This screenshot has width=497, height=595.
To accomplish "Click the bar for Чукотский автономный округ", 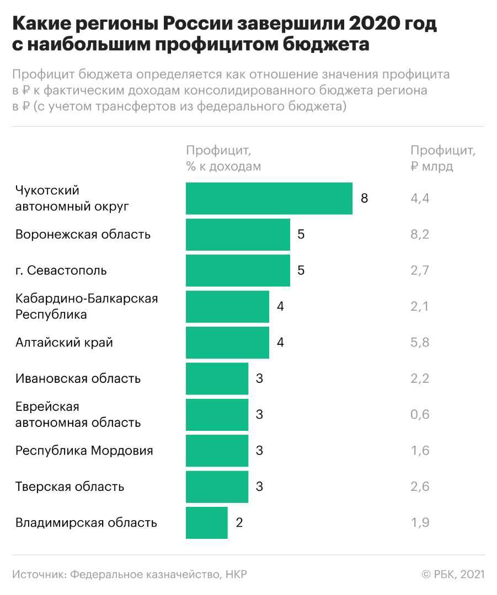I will (269, 198).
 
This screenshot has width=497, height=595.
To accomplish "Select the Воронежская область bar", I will (238, 234).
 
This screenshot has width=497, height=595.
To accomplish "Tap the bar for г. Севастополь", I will (238, 271).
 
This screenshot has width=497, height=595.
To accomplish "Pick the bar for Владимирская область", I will (206, 523).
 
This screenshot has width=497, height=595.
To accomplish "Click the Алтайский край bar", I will (227, 343).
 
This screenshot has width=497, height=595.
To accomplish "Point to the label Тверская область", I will (70, 487).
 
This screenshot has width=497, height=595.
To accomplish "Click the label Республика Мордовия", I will (84, 451).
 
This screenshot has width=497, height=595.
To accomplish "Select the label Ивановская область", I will (78, 378).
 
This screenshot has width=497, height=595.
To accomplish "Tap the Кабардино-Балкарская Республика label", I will (87, 306).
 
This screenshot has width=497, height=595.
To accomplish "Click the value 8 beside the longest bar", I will (364, 198).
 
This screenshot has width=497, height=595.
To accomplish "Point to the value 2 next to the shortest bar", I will (239, 523).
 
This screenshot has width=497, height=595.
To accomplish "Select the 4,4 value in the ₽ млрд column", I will (420, 198).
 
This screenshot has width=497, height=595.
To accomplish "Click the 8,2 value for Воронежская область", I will (420, 234).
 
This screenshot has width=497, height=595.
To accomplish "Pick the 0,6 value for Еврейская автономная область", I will (420, 415).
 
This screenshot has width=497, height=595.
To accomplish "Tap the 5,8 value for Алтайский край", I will (420, 343).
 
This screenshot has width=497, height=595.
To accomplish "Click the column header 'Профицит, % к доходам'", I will (223, 158).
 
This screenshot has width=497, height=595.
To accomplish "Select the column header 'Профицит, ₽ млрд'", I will (442, 158).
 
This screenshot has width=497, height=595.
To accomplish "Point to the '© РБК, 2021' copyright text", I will (453, 575).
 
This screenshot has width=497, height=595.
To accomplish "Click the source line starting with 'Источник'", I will (130, 575).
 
